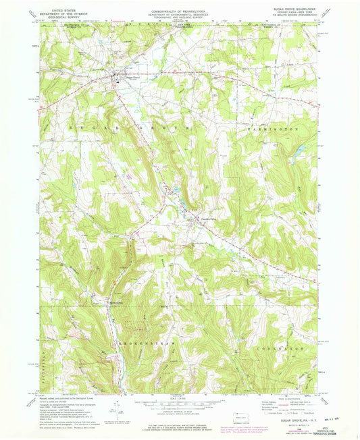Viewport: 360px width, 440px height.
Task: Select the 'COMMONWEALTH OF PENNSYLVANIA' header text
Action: point(179,11)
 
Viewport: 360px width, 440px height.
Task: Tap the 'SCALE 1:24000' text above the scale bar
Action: point(179,400)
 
